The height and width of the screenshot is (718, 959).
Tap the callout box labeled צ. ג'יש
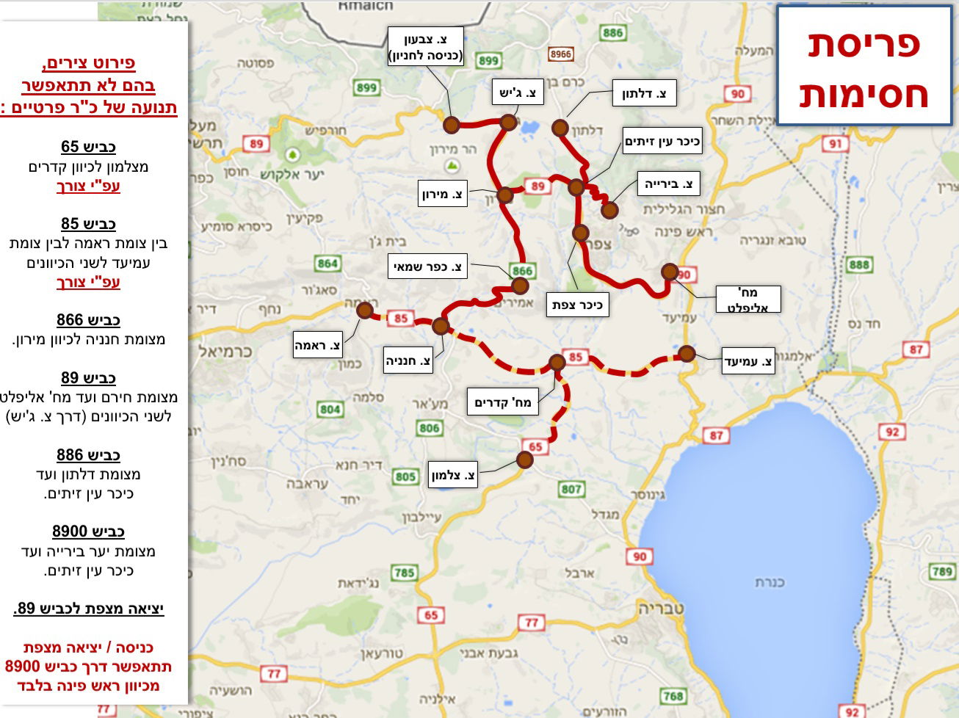point(518,93)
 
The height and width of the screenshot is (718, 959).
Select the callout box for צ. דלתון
point(643,94)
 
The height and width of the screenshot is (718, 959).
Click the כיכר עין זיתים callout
point(662,141)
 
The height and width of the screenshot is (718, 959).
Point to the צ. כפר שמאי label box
point(429,266)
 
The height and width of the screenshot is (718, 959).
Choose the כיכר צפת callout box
point(577,305)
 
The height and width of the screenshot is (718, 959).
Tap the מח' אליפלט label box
point(748,300)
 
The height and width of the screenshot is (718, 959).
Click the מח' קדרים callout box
point(503,402)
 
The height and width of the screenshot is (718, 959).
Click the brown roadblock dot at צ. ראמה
point(365,310)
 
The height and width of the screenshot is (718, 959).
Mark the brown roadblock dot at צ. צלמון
point(524,460)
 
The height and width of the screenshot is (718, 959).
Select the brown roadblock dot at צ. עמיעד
point(687,353)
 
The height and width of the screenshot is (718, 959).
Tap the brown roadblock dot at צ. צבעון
point(452,124)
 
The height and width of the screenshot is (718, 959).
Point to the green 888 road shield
point(858,264)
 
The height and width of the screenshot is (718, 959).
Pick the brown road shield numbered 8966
point(561,54)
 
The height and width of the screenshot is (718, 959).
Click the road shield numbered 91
point(835,144)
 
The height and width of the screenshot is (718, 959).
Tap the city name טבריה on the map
point(661,609)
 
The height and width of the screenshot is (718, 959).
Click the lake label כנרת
point(770,582)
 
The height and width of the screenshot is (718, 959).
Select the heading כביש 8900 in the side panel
point(88,531)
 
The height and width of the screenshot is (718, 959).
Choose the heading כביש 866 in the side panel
point(88,319)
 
